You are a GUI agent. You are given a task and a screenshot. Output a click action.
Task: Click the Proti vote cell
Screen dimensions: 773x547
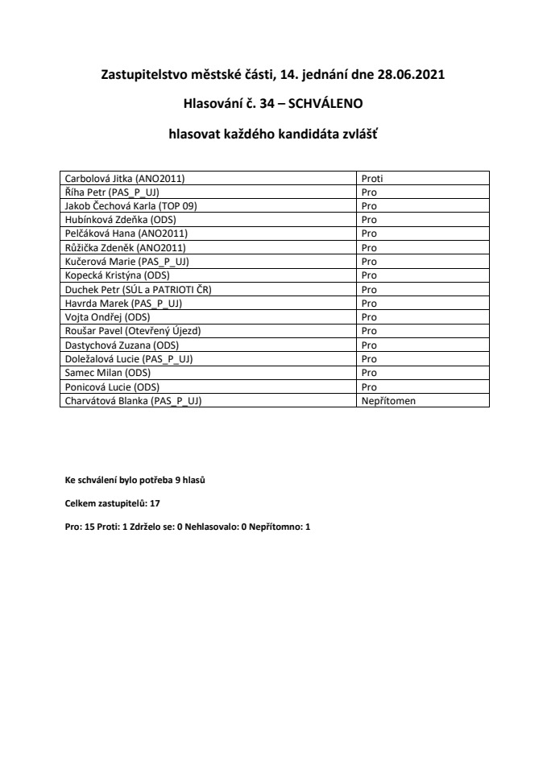coord(373,179)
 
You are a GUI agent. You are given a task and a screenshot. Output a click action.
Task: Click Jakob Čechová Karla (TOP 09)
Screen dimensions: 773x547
coord(131,206)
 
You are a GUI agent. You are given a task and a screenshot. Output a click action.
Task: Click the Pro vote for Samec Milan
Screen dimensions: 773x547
coord(369,371)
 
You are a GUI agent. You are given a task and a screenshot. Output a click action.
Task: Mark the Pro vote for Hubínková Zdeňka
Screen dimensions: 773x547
coord(369,220)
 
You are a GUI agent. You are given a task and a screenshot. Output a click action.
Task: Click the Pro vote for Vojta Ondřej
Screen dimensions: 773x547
coord(369,316)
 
